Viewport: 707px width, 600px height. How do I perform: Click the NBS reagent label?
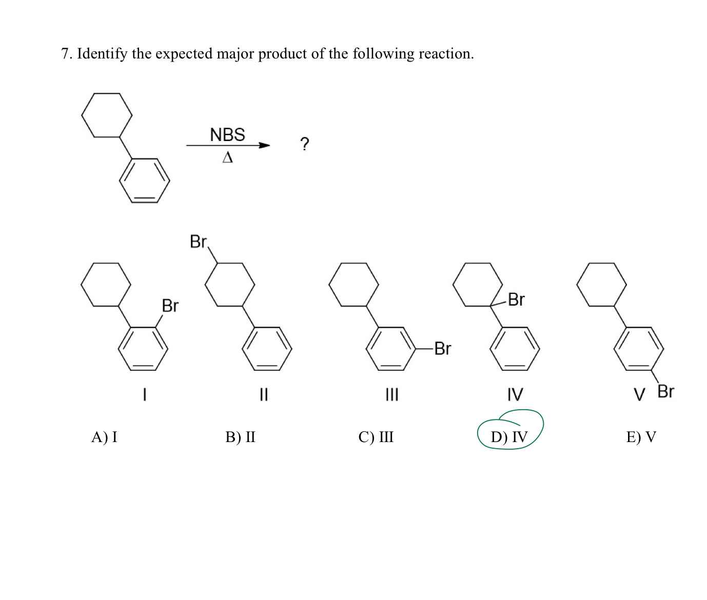pos(227,135)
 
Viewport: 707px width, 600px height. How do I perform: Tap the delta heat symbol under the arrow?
pos(227,157)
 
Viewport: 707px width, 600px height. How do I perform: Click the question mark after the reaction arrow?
pos(305,144)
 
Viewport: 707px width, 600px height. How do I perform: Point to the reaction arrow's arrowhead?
pos(264,146)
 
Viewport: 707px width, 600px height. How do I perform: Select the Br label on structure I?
pos(170,306)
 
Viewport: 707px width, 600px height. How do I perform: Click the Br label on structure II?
pos(198,241)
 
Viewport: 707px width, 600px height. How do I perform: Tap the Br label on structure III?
pos(442,349)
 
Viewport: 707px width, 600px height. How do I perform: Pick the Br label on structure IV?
pos(516,299)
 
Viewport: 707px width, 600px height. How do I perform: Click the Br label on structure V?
pos(665,391)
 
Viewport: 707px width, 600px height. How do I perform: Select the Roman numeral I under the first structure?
pos(145,394)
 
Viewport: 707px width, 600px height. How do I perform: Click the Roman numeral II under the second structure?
pos(263,394)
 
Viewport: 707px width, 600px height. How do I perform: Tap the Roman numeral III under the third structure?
pos(391,394)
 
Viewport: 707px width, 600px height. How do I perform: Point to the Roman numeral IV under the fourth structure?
pos(515,394)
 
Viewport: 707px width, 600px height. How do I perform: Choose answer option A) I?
pos(104,437)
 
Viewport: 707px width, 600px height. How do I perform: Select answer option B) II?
pos(240,437)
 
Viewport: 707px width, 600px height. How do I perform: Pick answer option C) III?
pos(376,437)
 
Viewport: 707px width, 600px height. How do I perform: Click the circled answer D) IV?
pos(509,437)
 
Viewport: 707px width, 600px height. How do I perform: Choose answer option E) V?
pos(641,437)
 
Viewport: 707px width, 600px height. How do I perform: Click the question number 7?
pos(66,53)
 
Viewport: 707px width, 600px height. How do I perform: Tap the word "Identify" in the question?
pos(102,53)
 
